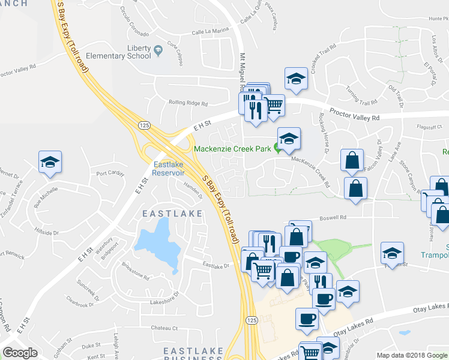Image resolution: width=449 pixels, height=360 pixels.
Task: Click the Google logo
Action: pos(20,353)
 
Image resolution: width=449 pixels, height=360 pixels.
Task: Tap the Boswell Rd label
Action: pos(334,218)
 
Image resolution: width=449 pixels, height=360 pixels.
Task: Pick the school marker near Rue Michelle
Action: pos(50,162)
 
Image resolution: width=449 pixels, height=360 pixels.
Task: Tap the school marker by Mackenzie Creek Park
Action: pos(289,139)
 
